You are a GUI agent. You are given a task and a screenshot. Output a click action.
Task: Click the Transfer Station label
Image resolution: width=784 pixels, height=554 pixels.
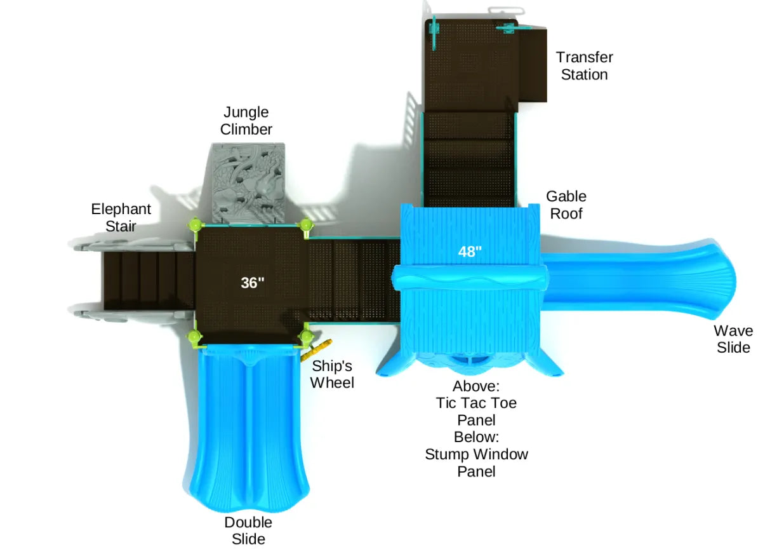pyautogui.click(x=584, y=66)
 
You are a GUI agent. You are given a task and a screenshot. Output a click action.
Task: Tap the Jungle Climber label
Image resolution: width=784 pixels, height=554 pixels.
pyautogui.click(x=246, y=121)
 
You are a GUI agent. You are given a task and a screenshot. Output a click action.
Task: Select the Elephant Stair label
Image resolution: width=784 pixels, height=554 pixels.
pyautogui.click(x=121, y=217)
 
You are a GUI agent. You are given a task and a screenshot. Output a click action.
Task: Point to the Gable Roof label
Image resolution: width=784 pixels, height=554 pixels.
pyautogui.click(x=566, y=205)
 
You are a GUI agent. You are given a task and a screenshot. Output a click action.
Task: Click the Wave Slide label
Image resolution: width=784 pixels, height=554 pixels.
pyautogui.click(x=733, y=339)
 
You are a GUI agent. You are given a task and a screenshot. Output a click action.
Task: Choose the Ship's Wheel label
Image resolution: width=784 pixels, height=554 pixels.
pyautogui.click(x=331, y=374)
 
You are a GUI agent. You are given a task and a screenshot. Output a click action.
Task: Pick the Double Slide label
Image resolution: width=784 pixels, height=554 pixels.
pyautogui.click(x=248, y=530)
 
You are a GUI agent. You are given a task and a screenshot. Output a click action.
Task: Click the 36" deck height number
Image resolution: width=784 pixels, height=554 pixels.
pyautogui.click(x=252, y=283)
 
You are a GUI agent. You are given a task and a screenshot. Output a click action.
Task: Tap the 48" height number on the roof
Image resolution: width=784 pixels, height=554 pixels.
pyautogui.click(x=470, y=252)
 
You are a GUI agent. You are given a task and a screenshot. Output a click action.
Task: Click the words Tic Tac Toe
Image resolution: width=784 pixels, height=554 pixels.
pyautogui.click(x=476, y=403)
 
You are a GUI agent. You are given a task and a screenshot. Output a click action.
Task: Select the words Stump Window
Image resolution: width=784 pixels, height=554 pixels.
pyautogui.click(x=476, y=454)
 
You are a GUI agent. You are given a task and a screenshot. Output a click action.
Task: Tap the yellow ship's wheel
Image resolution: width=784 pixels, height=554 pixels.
pyautogui.click(x=320, y=348)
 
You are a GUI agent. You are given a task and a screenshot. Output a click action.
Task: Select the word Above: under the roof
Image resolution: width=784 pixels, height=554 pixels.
pyautogui.click(x=476, y=386)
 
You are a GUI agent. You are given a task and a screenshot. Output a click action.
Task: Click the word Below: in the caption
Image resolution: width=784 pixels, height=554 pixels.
pyautogui.click(x=476, y=437)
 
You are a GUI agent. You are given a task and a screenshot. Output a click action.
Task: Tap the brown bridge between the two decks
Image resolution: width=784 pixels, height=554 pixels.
pyautogui.click(x=352, y=280)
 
